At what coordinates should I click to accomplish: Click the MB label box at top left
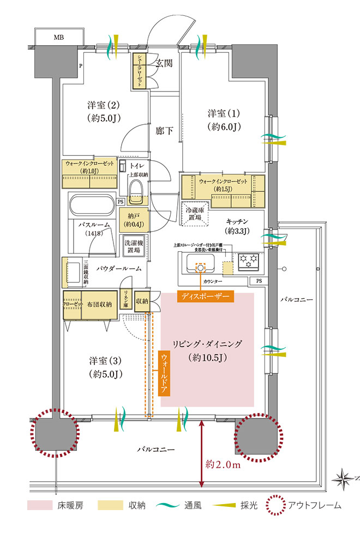tap(58, 37)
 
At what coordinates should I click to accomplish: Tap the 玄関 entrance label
tap(164, 63)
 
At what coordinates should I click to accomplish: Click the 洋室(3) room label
tap(105, 367)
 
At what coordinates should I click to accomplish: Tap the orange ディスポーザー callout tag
tap(206, 297)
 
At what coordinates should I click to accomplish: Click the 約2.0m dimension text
tap(224, 464)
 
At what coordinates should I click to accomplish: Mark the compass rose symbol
tap(345, 478)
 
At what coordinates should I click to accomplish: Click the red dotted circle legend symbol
tap(276, 505)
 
